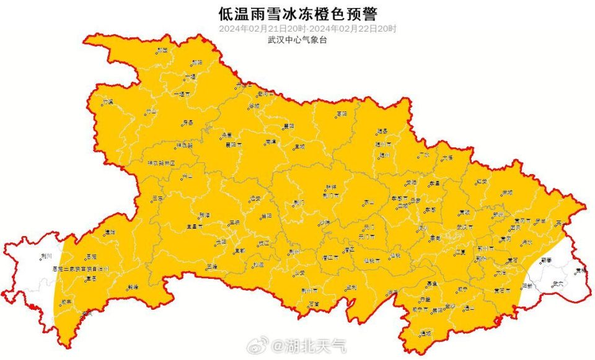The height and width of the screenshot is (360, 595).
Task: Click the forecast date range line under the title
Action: [297, 29]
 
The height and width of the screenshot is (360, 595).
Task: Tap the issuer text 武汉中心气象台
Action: [297, 40]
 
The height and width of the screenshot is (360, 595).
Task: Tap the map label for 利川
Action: [46, 255]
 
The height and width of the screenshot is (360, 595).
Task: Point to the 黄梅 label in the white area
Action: [580, 271]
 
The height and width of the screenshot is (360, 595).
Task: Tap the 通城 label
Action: [426, 333]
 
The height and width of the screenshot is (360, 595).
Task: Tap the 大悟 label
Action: [447, 158]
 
